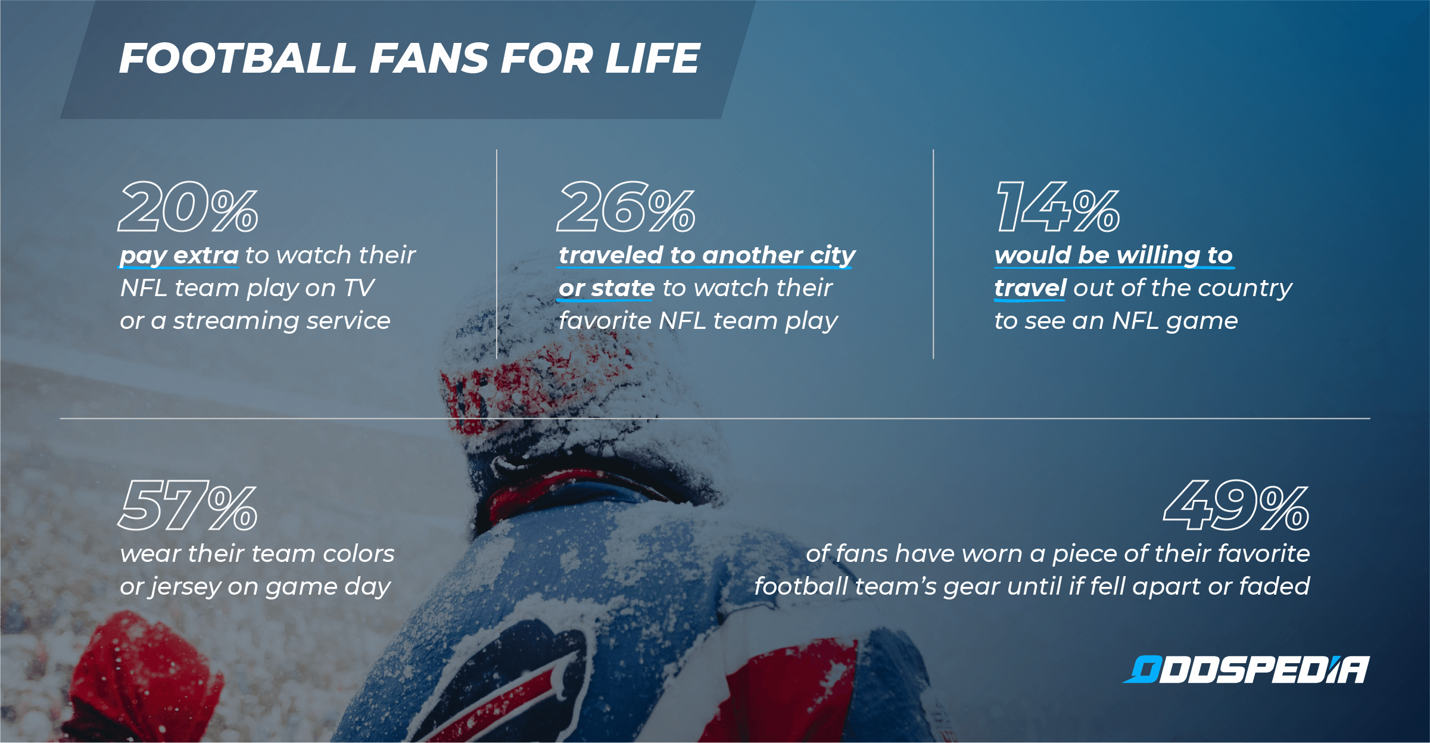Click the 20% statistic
(x=188, y=207)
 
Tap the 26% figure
(x=626, y=207)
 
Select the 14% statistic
(x=1058, y=207)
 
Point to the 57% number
(x=188, y=505)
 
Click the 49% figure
(x=1236, y=505)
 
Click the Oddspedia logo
(x=1246, y=670)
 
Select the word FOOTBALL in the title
(x=238, y=58)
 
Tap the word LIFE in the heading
(x=653, y=58)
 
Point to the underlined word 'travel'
(x=1030, y=288)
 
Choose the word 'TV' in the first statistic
(x=359, y=288)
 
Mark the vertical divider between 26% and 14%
(x=933, y=254)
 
